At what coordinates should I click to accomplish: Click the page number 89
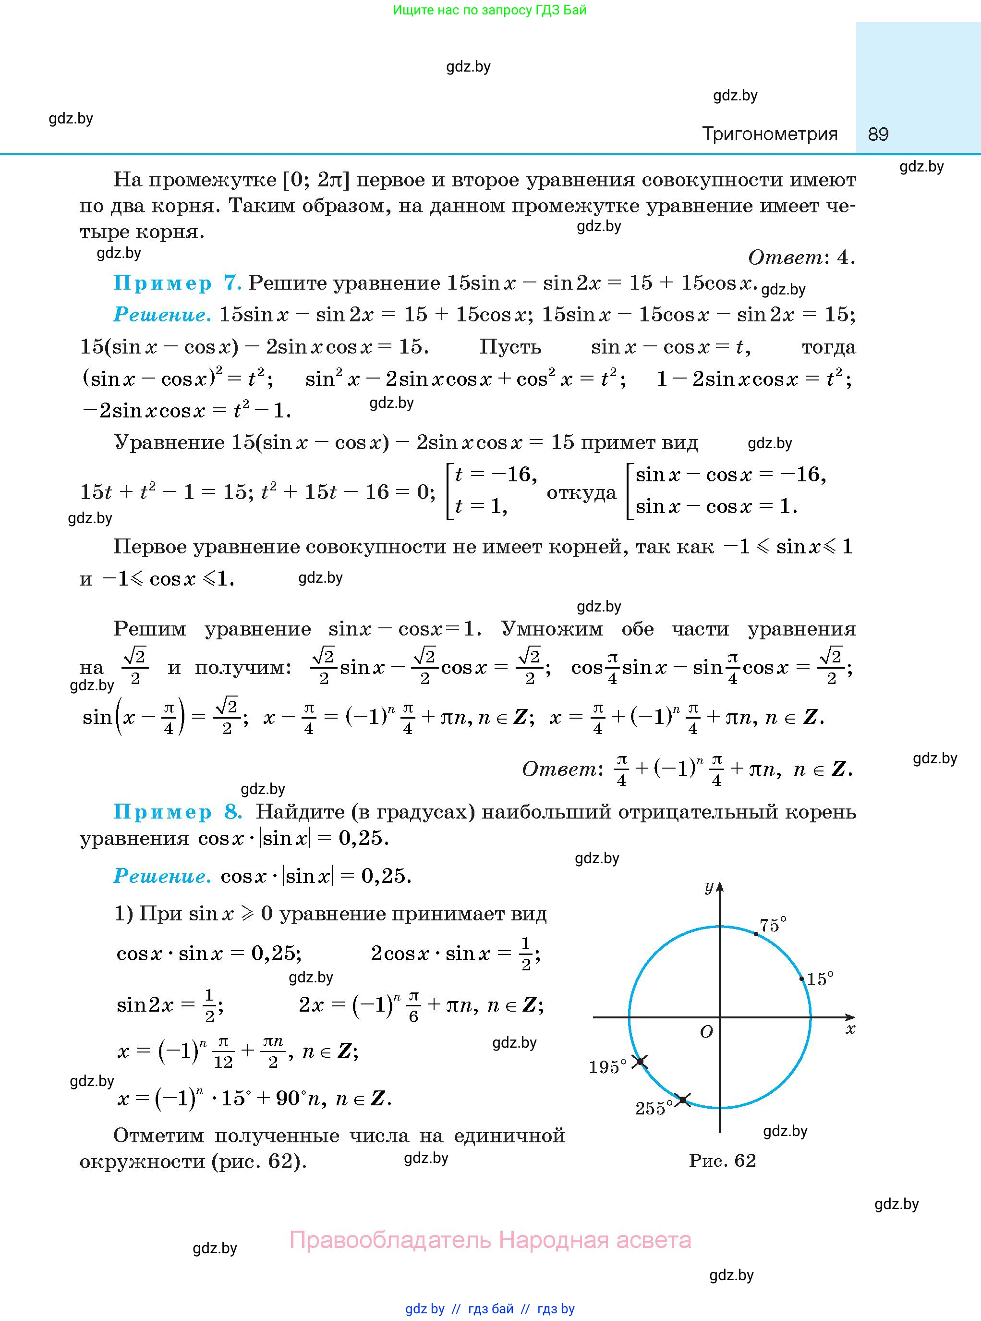pos(878,134)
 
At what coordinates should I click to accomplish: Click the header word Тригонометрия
pos(770,134)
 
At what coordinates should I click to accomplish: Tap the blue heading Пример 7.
pos(177,283)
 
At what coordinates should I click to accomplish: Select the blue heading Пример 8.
pos(178,811)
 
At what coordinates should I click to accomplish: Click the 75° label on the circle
pos(773,925)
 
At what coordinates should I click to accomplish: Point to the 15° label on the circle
pos(820,979)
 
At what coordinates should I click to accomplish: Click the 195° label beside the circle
pos(607,1067)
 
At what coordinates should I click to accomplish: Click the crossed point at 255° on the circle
pos(683,1100)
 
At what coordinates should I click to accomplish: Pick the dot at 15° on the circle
pos(801,979)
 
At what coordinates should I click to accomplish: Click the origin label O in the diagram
pos(706,1032)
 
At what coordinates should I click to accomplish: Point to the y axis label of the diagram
pos(708,887)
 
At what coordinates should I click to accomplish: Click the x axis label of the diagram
pos(850,1029)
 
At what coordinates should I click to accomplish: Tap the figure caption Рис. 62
pos(722,1160)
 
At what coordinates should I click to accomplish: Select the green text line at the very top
pos(489,10)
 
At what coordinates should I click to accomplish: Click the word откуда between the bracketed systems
pos(581,493)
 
